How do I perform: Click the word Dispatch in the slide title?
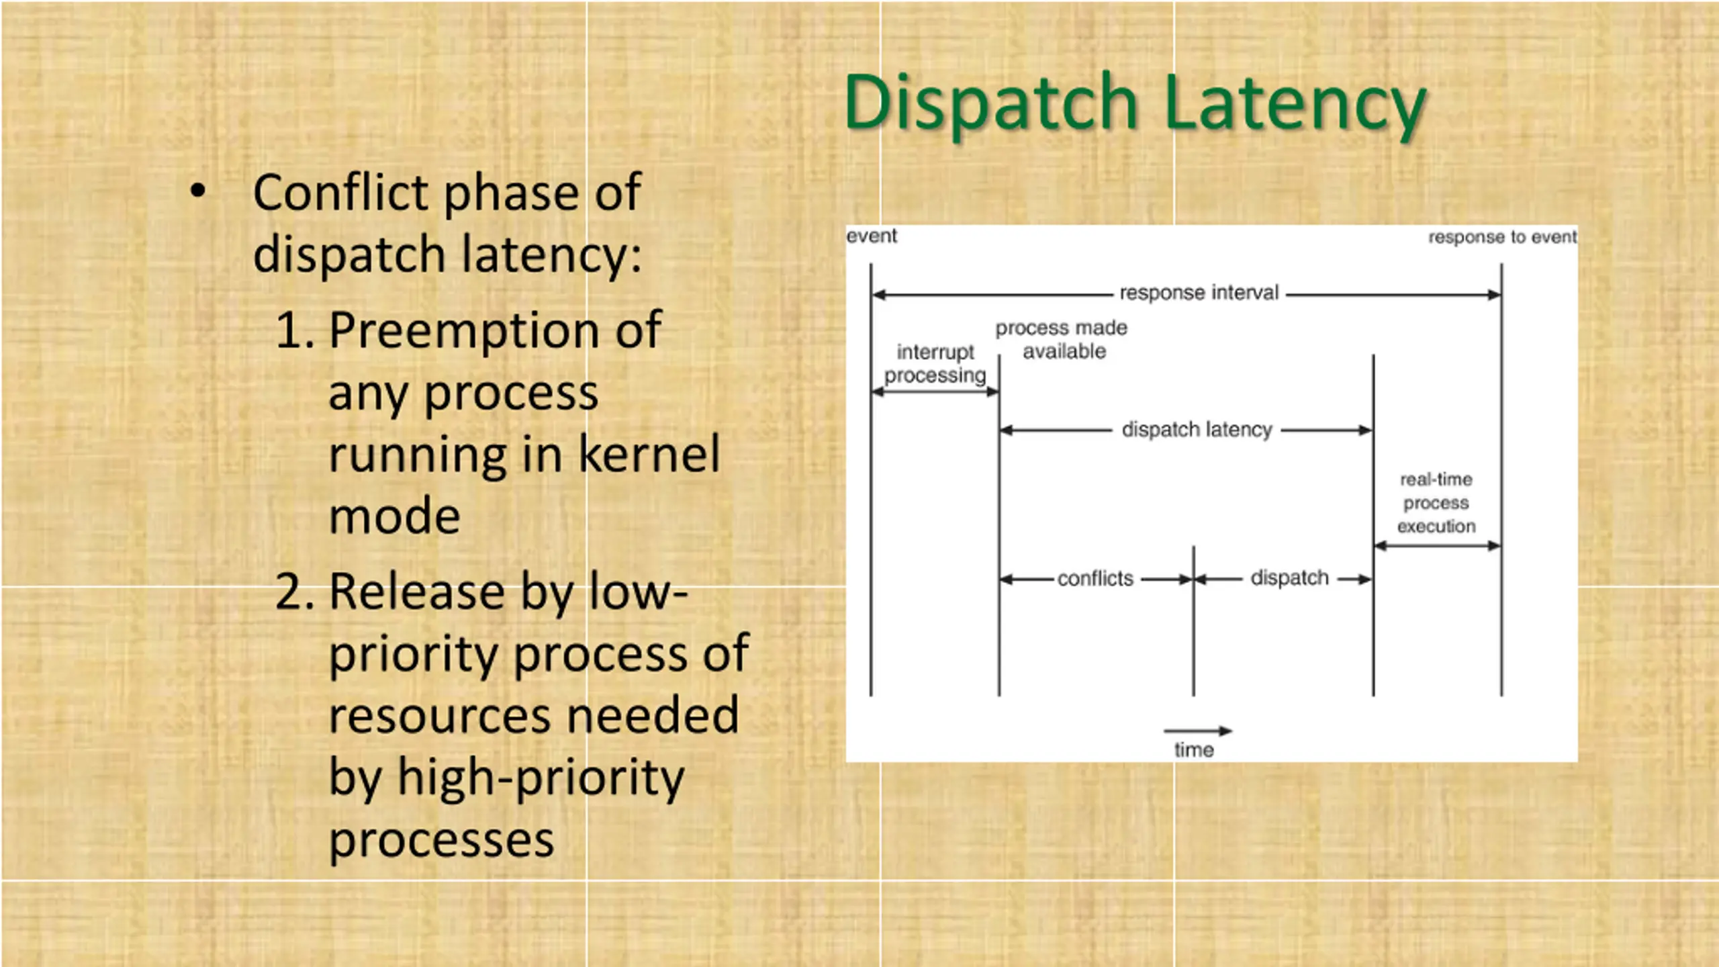[991, 103]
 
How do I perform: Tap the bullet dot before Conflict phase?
[197, 191]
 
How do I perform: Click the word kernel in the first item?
[649, 455]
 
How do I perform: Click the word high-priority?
[541, 778]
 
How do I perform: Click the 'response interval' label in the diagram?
[1199, 293]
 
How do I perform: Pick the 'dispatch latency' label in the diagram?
[1197, 430]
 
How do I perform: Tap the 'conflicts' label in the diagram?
[1095, 579]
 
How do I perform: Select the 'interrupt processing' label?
[935, 363]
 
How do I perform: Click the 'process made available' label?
[1062, 339]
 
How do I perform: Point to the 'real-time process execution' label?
[1436, 503]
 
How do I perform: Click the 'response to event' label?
[1502, 237]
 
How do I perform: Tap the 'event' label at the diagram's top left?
[872, 236]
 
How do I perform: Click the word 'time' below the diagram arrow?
[1194, 749]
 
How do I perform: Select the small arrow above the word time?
[1198, 731]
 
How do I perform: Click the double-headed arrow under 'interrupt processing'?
[935, 393]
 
